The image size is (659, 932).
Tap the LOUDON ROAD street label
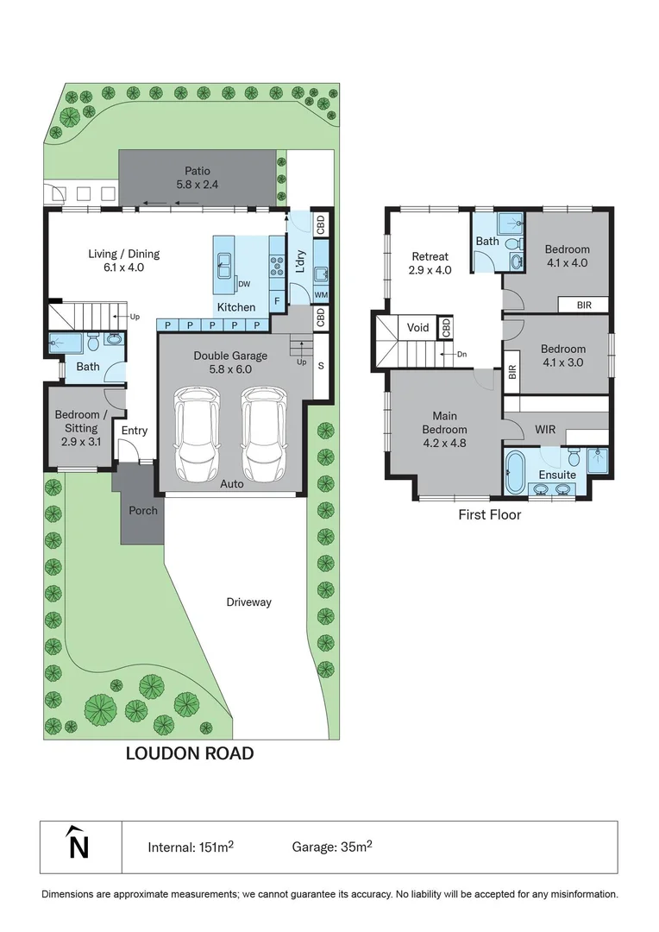click(x=190, y=753)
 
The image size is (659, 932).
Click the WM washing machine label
click(x=321, y=295)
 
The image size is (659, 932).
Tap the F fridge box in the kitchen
click(x=276, y=300)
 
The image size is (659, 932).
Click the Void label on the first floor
click(x=418, y=328)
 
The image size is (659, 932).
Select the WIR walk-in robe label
click(x=545, y=428)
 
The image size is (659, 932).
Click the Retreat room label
click(x=429, y=256)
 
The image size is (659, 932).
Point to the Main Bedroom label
click(x=444, y=422)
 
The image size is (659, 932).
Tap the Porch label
click(x=143, y=510)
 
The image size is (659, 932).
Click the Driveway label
click(x=249, y=602)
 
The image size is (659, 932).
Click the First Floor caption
click(x=490, y=515)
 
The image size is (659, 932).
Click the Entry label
click(x=135, y=431)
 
